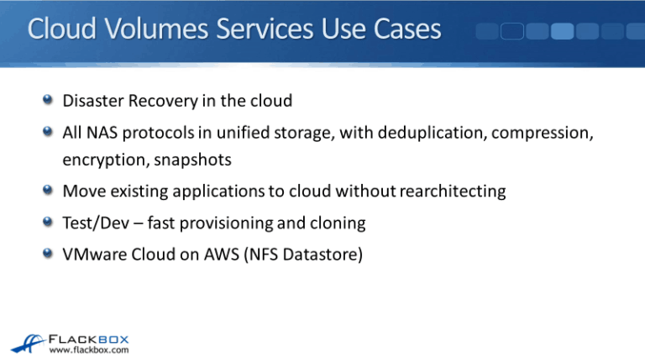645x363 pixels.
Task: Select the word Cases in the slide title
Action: tap(403, 30)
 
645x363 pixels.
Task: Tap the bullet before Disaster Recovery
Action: tap(50, 101)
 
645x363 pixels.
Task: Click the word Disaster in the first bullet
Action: tap(91, 101)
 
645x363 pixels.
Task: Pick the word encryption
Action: tap(98, 159)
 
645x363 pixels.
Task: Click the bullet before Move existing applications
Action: tap(50, 191)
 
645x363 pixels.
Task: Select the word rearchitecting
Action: tap(454, 191)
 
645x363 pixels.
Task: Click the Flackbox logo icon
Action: tap(27, 340)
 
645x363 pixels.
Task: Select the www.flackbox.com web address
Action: tap(89, 350)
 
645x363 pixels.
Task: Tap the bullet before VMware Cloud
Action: tap(50, 255)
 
